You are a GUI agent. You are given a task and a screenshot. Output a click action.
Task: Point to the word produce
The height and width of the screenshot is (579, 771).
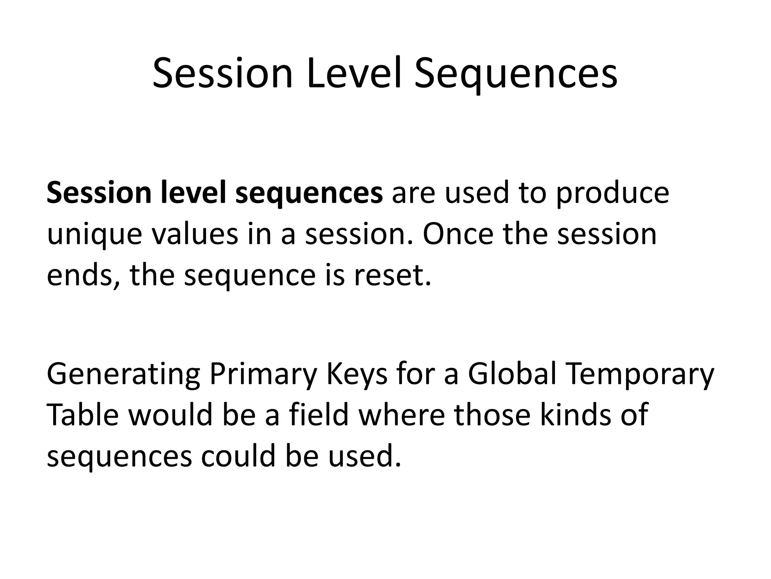(613, 193)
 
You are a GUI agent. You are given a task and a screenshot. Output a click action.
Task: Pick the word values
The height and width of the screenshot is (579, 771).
(195, 234)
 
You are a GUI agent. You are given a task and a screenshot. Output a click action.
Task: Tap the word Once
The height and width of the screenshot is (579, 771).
(457, 234)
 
